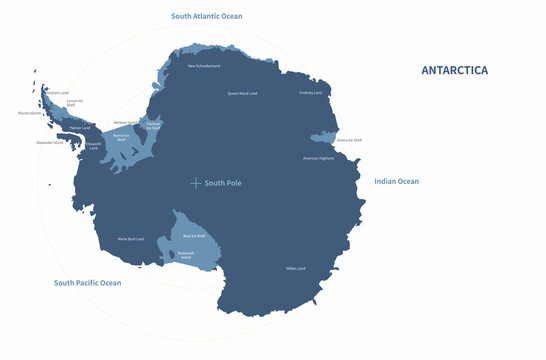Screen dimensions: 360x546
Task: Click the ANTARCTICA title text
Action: (454, 70)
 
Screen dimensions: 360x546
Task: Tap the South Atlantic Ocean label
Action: (206, 16)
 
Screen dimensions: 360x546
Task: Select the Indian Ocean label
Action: (396, 181)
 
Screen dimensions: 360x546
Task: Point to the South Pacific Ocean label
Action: (87, 283)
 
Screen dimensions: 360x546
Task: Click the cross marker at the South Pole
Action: (196, 183)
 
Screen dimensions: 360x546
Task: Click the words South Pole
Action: (223, 183)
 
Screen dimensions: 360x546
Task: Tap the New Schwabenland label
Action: (204, 66)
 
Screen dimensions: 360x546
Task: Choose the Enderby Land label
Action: (311, 93)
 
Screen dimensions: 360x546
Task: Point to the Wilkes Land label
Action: (295, 268)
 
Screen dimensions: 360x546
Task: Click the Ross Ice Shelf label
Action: (193, 235)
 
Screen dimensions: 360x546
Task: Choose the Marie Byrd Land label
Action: (132, 239)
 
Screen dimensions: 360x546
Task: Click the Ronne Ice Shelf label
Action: (121, 138)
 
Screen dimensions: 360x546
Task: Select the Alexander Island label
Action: (50, 142)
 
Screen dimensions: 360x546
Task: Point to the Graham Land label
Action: (58, 93)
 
